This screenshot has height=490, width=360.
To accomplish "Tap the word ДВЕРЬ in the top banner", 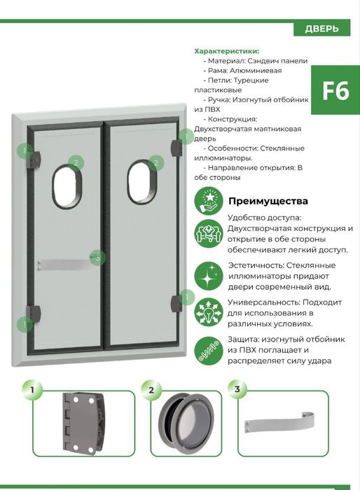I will (x=321, y=29).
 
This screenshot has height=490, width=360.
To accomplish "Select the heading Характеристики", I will (x=226, y=51).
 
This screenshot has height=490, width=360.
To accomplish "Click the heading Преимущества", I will (x=268, y=201).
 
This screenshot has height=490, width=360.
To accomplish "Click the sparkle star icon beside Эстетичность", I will (x=208, y=275).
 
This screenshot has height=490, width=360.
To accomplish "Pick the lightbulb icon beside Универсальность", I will (x=208, y=311).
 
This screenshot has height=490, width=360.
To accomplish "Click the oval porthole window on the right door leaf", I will (x=141, y=183).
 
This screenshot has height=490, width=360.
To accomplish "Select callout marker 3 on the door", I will (x=98, y=258).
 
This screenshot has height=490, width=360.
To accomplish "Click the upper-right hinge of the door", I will (x=176, y=143).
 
